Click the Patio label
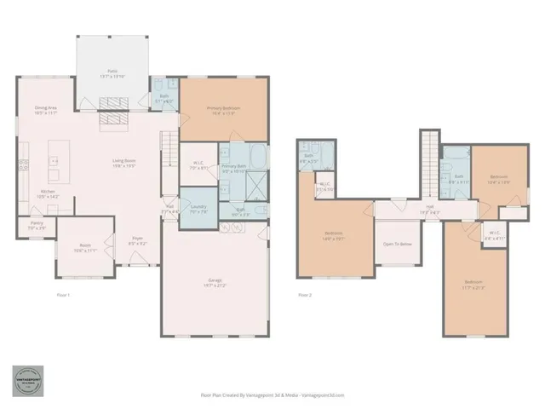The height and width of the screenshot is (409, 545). point(112,73)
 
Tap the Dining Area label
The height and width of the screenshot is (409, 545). point(46,111)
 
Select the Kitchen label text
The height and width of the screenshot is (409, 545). point(48,193)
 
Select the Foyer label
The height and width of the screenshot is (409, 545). point(137,240)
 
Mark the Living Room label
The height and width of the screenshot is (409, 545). point(125,164)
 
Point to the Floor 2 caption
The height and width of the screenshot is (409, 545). point(305,295)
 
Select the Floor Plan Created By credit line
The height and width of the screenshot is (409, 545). point(272,395)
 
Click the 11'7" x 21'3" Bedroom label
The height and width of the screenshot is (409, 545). point(473,285)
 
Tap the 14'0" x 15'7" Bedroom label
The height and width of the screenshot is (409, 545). point(334,236)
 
